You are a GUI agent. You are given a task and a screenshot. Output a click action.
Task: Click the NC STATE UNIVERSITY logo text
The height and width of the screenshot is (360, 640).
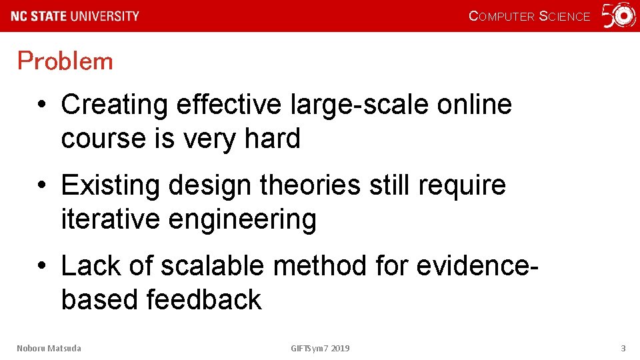coord(75,16)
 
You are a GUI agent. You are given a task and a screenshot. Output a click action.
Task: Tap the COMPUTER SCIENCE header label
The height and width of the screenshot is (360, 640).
coord(529,17)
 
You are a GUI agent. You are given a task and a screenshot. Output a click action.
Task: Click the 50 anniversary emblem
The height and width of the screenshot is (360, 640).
coord(619,16)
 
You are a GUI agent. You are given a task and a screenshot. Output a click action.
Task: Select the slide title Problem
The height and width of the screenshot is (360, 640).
coord(65,61)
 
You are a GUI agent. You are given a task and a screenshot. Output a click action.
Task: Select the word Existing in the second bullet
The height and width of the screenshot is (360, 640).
coord(110,185)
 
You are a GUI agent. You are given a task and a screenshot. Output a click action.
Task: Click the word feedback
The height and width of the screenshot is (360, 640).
coord(204,299)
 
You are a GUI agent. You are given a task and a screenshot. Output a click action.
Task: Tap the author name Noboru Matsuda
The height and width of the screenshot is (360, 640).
coord(49,348)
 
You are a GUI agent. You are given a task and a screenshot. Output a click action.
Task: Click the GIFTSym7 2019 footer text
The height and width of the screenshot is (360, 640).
coord(320,348)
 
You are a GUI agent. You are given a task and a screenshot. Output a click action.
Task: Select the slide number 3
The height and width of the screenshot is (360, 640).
coord(623,348)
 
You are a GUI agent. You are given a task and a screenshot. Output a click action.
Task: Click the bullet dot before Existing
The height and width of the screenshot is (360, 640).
coord(42,186)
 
